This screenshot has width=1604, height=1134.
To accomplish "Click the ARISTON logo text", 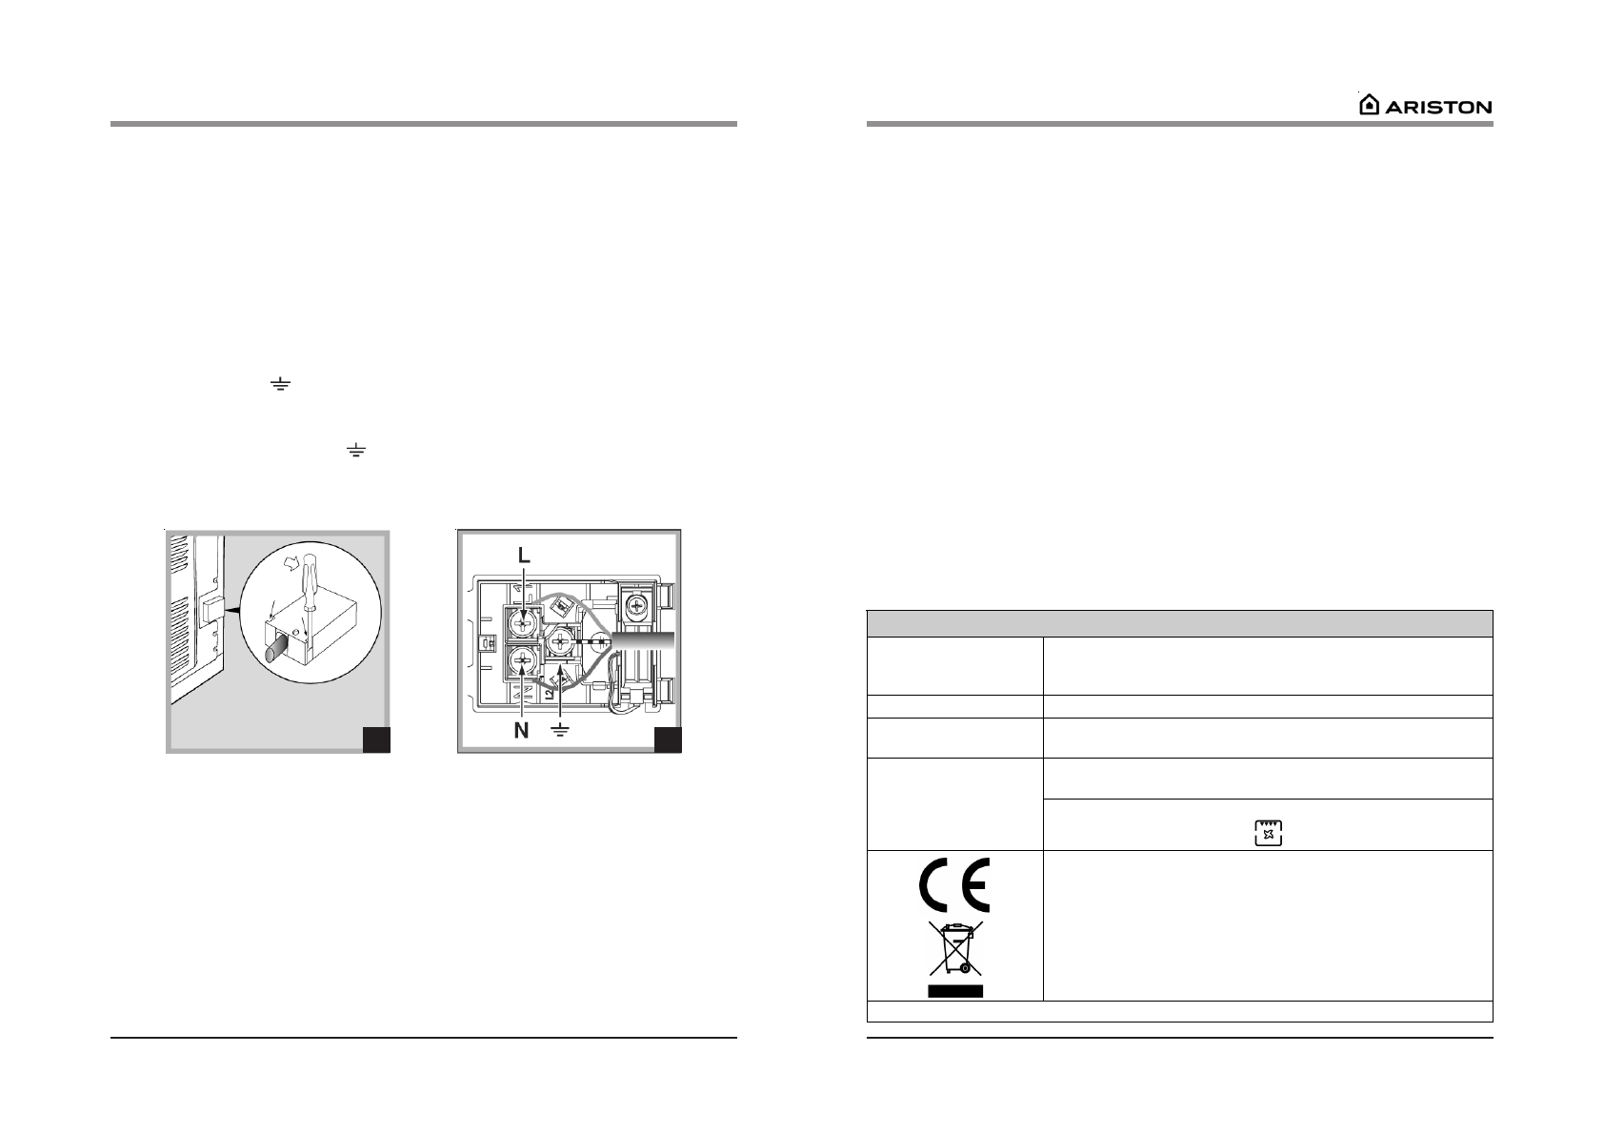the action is [x=1438, y=107].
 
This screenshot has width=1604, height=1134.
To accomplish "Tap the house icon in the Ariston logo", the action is [x=1369, y=105].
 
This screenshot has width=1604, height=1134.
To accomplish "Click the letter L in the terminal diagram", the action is [x=523, y=555].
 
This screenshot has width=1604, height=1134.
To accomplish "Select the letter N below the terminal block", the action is [x=521, y=731].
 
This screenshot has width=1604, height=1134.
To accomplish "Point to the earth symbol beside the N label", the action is [x=561, y=731].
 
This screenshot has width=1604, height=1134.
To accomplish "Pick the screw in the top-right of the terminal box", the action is [x=634, y=603].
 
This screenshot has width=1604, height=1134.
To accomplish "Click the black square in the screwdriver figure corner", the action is [x=377, y=739].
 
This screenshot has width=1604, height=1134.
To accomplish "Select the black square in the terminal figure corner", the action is [x=668, y=739].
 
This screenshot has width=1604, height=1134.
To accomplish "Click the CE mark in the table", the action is [x=953, y=885].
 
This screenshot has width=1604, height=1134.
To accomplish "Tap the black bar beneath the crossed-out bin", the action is [x=954, y=991].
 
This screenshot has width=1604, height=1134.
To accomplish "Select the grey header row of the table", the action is [x=1179, y=623].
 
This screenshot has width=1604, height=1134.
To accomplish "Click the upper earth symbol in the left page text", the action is [x=279, y=385].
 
